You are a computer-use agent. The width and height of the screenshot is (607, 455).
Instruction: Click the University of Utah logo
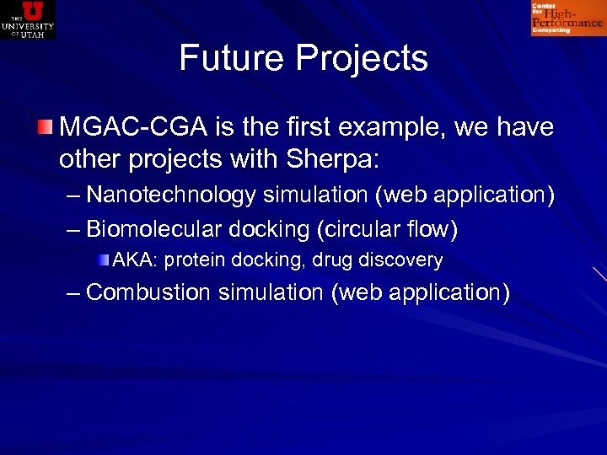[28, 19]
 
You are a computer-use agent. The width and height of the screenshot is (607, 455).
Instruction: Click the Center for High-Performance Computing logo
[567, 19]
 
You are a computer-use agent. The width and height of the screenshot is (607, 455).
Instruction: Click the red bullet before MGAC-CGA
[45, 129]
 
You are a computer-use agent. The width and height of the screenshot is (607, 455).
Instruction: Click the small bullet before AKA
[103, 260]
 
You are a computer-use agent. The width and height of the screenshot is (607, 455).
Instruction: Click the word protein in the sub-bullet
[189, 260]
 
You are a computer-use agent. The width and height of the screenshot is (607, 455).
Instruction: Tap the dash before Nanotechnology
[73, 195]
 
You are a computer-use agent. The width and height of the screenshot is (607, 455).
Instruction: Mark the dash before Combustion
[73, 293]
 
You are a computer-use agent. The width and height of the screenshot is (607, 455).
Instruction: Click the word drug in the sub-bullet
[332, 260]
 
